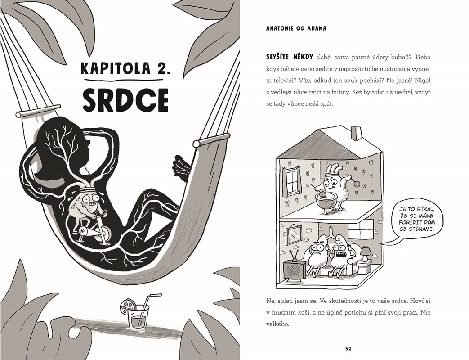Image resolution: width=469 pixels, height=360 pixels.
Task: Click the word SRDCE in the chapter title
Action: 125,99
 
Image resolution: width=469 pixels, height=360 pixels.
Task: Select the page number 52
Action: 348,348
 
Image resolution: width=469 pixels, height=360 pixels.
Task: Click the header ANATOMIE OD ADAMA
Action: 296,28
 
